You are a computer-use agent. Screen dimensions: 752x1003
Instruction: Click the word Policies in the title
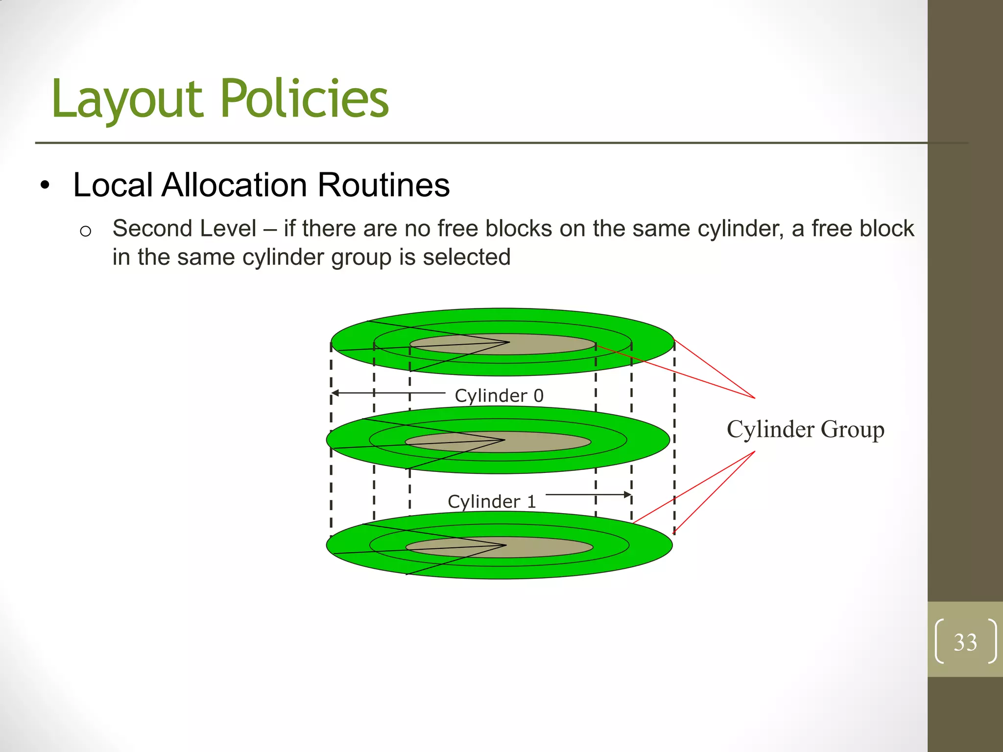tap(305, 99)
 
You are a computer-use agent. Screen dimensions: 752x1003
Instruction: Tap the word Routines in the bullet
tap(383, 185)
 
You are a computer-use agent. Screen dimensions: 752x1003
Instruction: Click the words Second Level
tap(184, 229)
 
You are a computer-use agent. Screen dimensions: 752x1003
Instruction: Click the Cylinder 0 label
tap(499, 396)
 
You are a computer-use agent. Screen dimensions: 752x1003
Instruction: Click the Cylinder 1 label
tap(492, 501)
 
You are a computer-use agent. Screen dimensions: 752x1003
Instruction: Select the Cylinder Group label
tap(805, 429)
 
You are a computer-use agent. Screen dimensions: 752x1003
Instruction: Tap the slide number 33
tap(965, 642)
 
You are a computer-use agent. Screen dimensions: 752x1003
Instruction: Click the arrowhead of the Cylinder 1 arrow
tap(628, 494)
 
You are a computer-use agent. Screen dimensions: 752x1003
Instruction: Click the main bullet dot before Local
tap(46, 186)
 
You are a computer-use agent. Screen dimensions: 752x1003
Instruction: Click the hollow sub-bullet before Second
tap(85, 231)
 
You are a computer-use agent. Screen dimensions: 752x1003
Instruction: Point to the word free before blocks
tap(457, 229)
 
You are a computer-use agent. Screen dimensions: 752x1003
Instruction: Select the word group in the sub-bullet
tap(361, 257)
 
